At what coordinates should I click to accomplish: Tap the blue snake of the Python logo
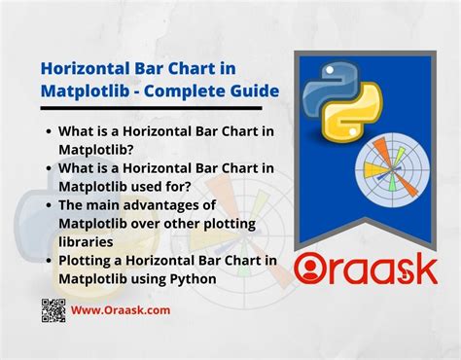(324, 91)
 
